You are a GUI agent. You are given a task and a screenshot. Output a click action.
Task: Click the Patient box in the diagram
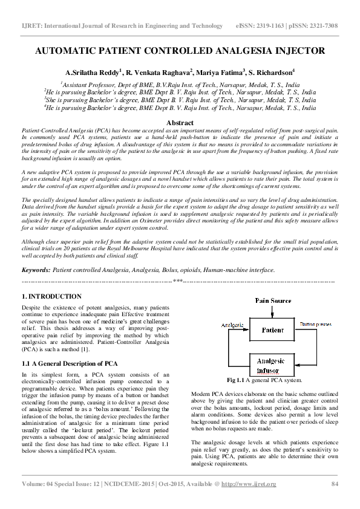(272, 331)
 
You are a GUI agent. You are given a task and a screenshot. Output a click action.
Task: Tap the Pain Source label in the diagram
(273, 300)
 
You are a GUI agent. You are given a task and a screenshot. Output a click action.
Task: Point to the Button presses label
(315, 325)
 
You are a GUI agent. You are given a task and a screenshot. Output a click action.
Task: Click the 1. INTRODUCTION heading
(51, 297)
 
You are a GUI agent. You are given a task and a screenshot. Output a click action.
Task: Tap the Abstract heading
(180, 123)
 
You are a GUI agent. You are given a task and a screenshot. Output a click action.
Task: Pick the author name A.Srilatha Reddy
(95, 73)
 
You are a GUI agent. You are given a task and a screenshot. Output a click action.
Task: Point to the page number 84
(334, 484)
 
